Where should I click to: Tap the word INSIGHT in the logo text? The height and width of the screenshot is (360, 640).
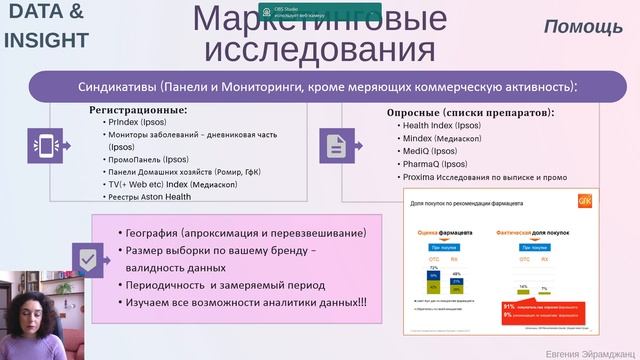pos(45,40)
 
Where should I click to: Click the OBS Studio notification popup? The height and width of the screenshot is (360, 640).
pos(299,13)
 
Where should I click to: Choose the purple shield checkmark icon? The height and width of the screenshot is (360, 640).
pos(88,258)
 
